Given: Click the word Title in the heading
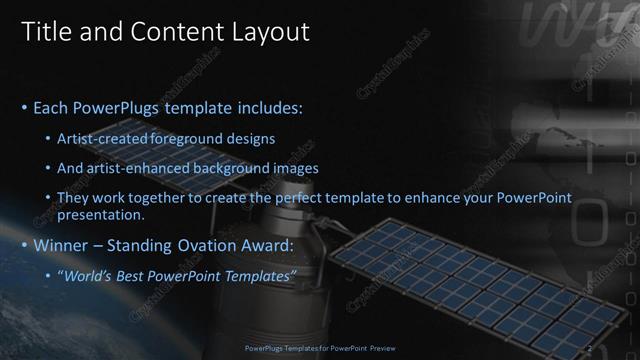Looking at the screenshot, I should point(46,32).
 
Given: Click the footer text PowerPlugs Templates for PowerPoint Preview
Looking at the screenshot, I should point(319,349).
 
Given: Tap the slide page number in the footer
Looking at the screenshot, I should point(591,349).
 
